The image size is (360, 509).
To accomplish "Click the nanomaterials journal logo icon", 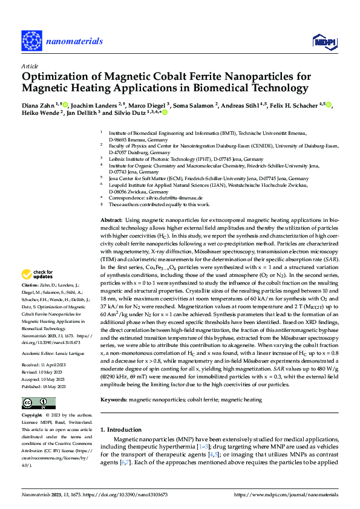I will [31, 40].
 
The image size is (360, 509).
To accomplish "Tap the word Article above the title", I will [29, 65].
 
